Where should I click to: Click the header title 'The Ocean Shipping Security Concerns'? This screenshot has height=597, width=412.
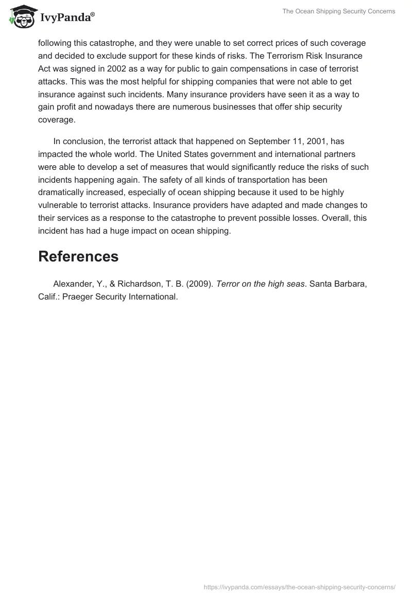click(339, 11)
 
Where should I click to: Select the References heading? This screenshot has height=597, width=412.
click(78, 256)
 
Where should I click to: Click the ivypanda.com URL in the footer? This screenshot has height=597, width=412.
click(300, 586)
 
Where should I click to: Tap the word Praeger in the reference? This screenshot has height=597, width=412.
click(78, 297)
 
